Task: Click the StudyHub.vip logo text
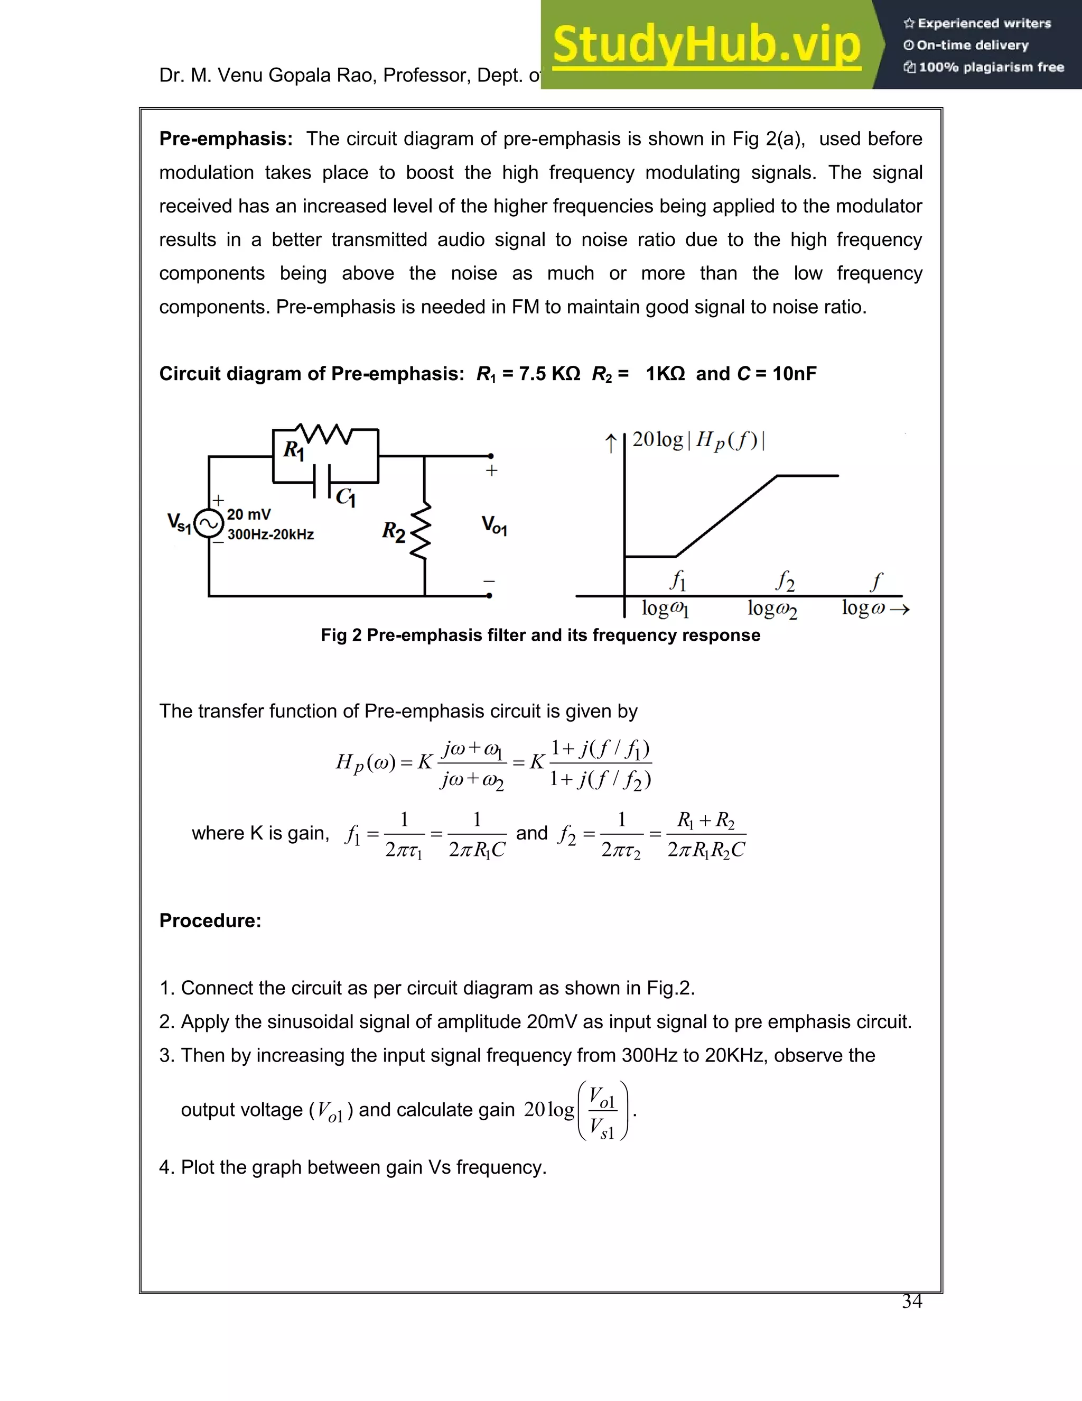(x=706, y=45)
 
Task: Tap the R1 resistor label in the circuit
(x=294, y=450)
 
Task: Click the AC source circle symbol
(x=208, y=523)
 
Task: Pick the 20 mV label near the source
(x=249, y=514)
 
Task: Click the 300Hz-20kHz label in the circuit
(x=270, y=534)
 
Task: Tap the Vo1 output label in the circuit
(x=494, y=526)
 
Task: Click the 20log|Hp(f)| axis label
(x=698, y=440)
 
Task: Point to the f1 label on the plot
(x=677, y=580)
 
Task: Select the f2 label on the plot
(x=785, y=581)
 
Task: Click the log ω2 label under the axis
(x=772, y=608)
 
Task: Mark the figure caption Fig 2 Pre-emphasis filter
(x=540, y=635)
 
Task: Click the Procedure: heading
(x=210, y=920)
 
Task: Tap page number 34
(x=911, y=1301)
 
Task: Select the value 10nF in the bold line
(x=794, y=373)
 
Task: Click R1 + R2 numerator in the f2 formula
(x=706, y=821)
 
